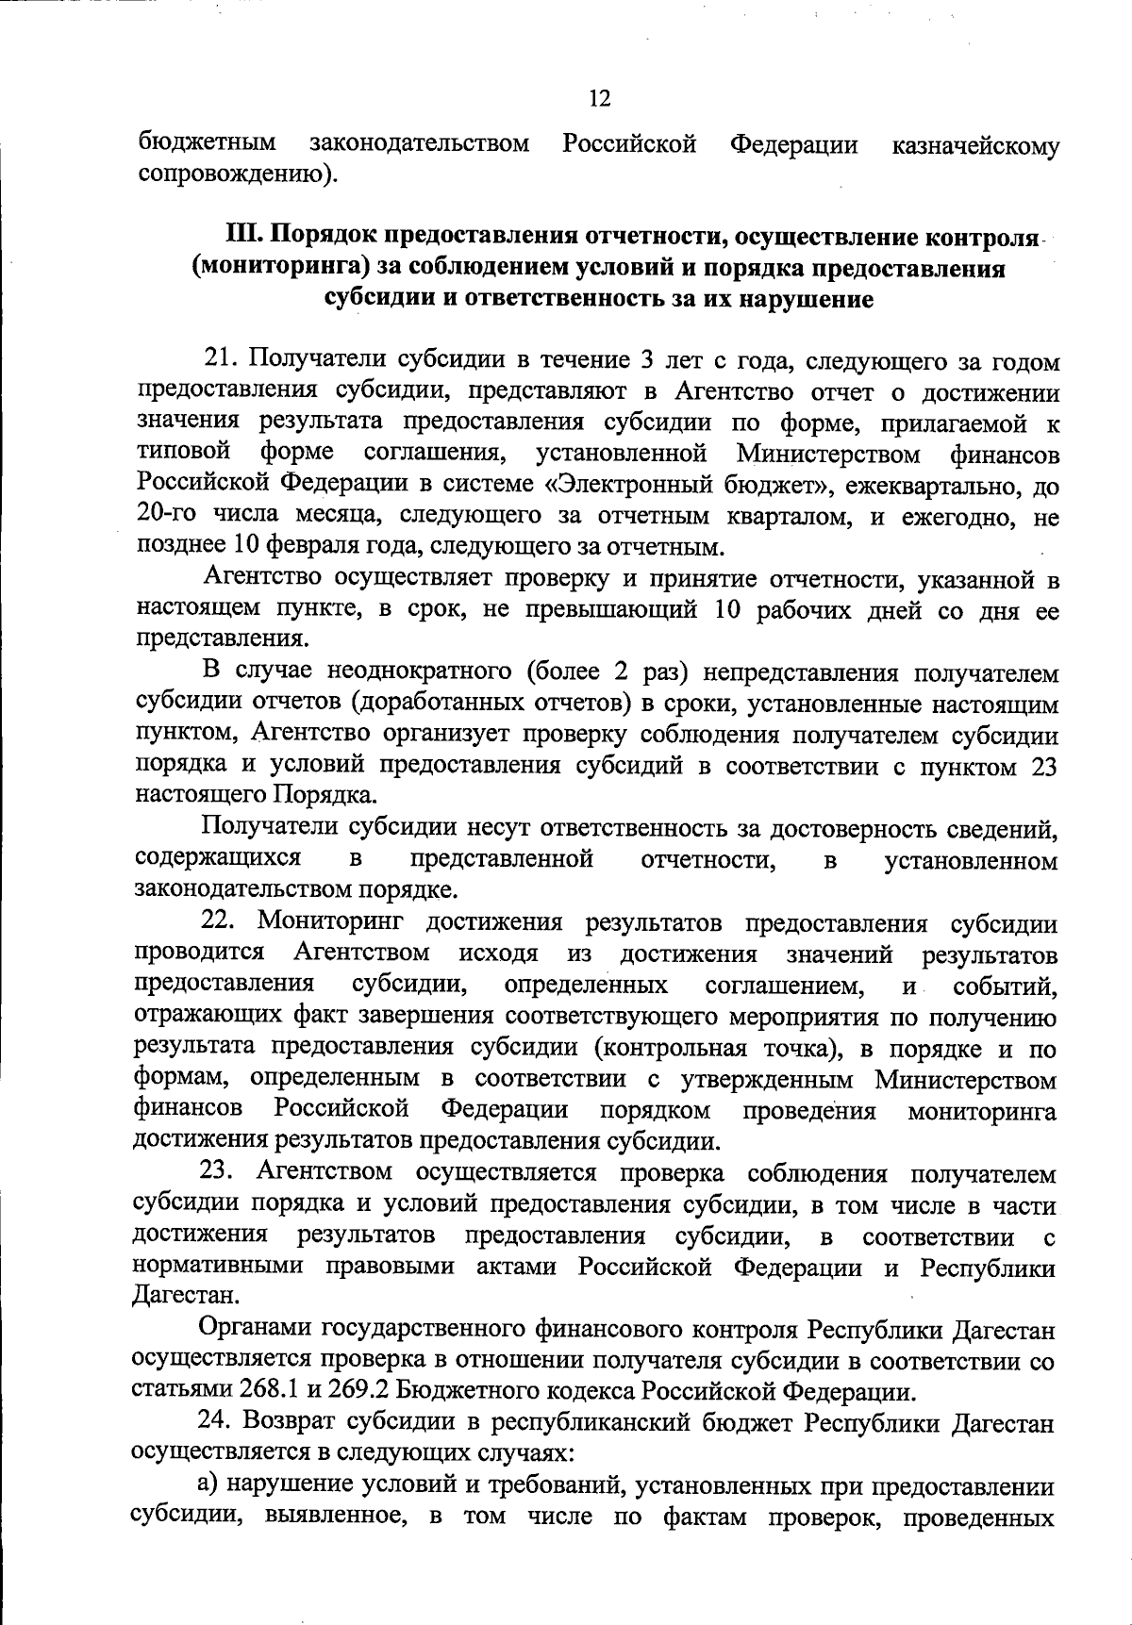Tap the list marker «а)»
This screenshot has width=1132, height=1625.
[x=208, y=1485]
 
